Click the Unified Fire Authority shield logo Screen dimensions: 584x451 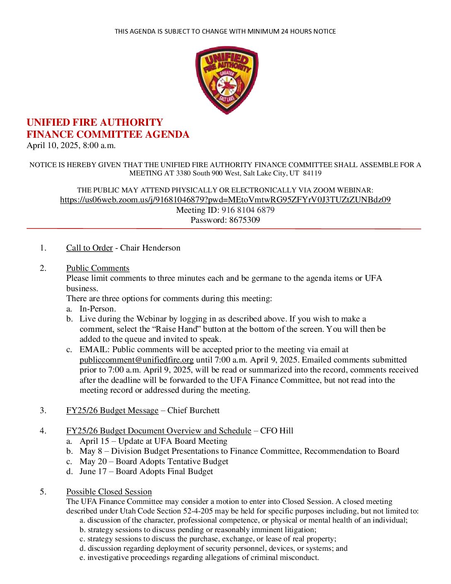coord(226,80)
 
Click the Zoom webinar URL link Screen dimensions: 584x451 coord(225,200)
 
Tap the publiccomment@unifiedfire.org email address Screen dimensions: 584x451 coord(136,360)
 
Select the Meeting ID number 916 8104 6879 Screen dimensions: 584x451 coord(248,210)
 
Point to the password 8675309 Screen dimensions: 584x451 coord(245,220)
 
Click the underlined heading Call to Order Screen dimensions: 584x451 coord(89,248)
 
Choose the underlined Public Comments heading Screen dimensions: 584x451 coord(97,268)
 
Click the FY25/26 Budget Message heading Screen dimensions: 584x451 coord(112,411)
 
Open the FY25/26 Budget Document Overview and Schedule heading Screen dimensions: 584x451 coord(158,431)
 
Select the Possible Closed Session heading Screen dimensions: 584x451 coord(109,492)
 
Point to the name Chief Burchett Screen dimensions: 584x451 coord(193,411)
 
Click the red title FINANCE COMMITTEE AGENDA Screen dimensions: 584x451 coord(108,134)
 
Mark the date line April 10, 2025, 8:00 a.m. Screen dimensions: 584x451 coord(71,146)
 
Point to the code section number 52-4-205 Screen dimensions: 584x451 coord(198,511)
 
